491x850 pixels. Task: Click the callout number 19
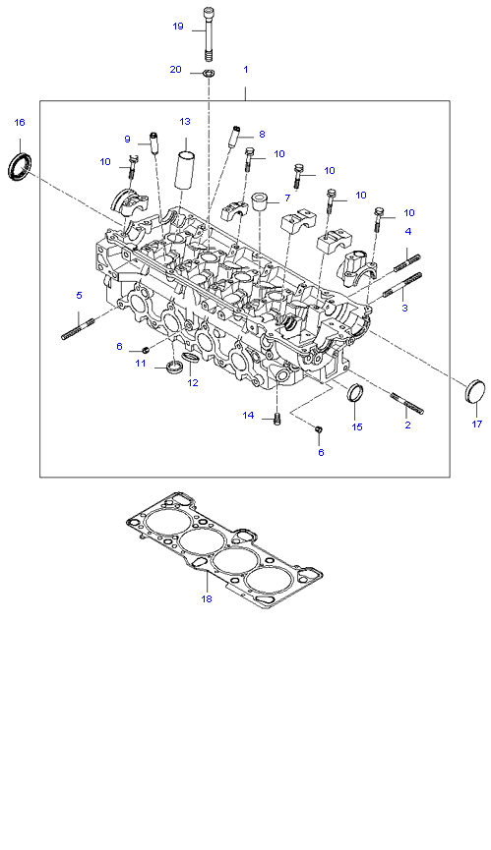point(178,26)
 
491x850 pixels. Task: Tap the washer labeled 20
point(210,72)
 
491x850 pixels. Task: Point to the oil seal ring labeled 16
point(20,166)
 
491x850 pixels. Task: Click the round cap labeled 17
point(474,391)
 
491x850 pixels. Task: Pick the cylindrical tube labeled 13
point(186,170)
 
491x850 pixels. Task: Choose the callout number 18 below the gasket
point(207,599)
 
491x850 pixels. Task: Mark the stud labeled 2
point(407,403)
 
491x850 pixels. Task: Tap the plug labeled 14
point(277,419)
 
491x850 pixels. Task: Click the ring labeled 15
point(354,393)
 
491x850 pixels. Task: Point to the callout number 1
point(246,70)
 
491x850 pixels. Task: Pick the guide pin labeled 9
point(154,142)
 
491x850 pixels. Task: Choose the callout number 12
point(193,382)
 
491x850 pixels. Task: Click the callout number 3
point(404,308)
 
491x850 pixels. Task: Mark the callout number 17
point(477,424)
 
